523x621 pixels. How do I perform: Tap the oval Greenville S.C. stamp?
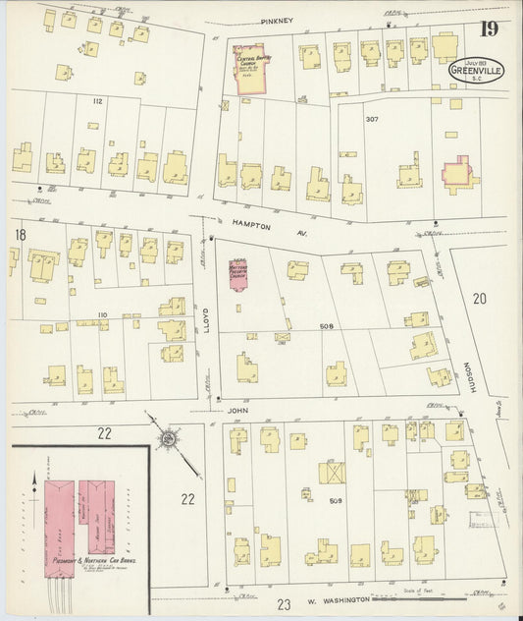[476, 71]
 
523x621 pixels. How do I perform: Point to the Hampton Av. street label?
[258, 223]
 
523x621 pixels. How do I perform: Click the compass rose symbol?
[168, 436]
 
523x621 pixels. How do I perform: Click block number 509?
[335, 501]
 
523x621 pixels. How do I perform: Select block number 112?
[98, 101]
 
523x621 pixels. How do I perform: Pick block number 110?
[101, 314]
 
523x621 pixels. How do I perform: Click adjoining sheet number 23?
[285, 604]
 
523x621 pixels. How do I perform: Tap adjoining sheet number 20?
[479, 298]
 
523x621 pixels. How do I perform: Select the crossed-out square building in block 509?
[332, 473]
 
